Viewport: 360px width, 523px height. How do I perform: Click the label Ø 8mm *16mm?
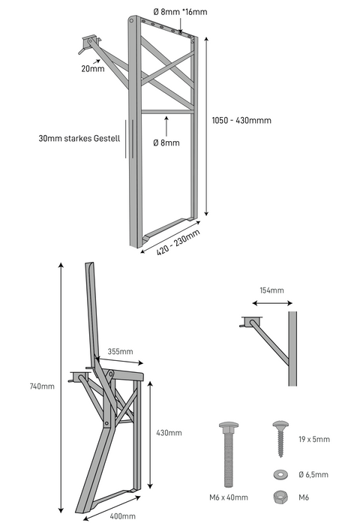(x=180, y=12)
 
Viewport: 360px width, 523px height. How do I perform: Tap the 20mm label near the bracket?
(x=93, y=69)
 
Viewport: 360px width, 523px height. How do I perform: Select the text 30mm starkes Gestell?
(x=79, y=138)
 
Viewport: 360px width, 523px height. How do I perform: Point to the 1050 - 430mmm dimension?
(x=241, y=120)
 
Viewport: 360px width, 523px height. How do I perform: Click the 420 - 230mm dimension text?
(x=178, y=242)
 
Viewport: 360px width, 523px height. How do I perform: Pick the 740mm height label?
(x=42, y=386)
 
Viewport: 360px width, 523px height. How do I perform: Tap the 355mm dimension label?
(x=120, y=352)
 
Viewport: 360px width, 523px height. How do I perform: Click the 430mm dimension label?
(x=169, y=433)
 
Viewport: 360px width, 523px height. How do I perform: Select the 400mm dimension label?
(x=123, y=516)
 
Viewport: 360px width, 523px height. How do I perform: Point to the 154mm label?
(x=272, y=290)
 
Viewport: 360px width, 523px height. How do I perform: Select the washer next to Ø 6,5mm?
(x=280, y=475)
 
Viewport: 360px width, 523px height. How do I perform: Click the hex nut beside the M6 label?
(x=280, y=497)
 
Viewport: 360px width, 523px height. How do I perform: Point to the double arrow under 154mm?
(x=272, y=303)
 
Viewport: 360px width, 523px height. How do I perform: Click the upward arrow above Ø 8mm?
(x=166, y=126)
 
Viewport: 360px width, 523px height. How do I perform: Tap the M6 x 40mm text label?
(x=229, y=497)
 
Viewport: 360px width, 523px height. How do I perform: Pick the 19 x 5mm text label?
(x=314, y=439)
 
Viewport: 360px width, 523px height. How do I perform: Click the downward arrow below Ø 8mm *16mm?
(x=180, y=26)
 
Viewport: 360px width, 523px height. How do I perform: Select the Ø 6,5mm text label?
(x=313, y=475)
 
